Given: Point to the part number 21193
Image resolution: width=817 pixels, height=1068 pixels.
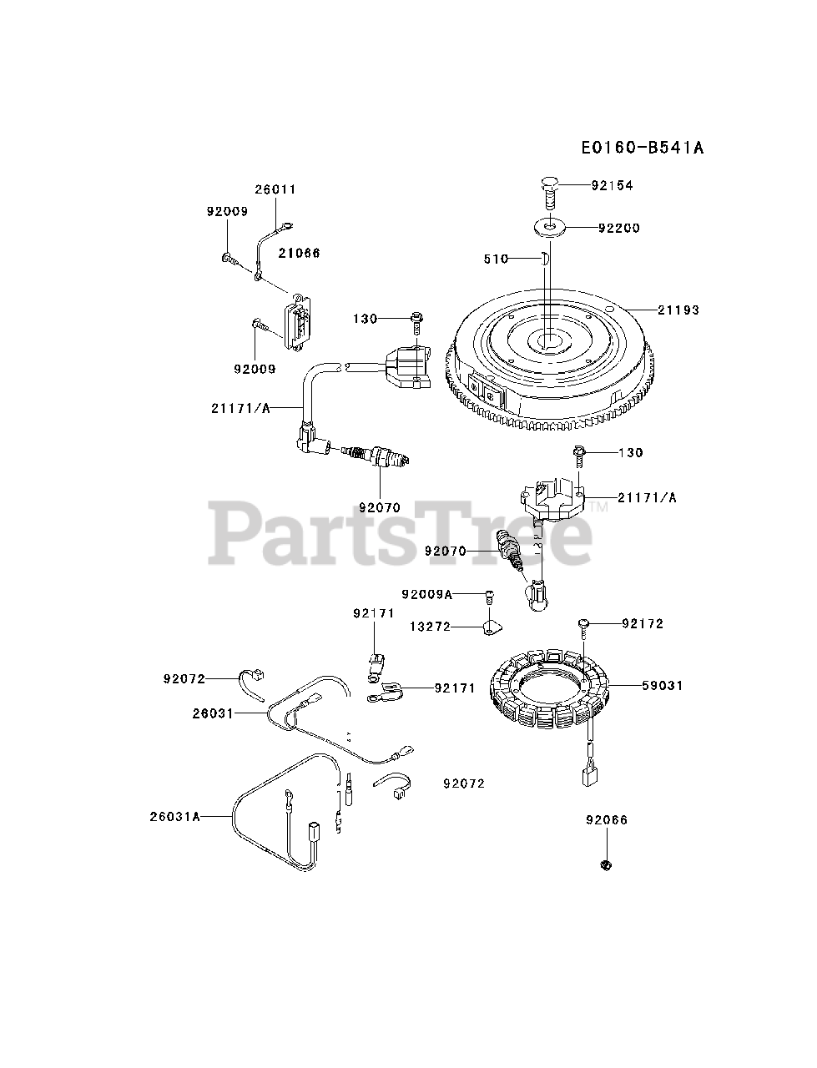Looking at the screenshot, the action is point(678,310).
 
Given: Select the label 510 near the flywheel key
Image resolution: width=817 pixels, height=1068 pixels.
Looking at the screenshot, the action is point(496,259).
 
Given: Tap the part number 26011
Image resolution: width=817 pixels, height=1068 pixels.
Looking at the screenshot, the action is point(275,189).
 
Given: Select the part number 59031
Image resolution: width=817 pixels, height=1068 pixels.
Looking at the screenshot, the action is point(662,685).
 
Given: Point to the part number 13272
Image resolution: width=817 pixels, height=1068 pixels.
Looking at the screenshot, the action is point(430,625).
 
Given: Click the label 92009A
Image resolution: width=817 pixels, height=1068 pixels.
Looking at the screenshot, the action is point(426,594).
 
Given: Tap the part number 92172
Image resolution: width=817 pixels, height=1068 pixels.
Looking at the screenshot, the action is point(643,623).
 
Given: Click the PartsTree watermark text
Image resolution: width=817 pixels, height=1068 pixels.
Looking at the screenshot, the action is point(401,531).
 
